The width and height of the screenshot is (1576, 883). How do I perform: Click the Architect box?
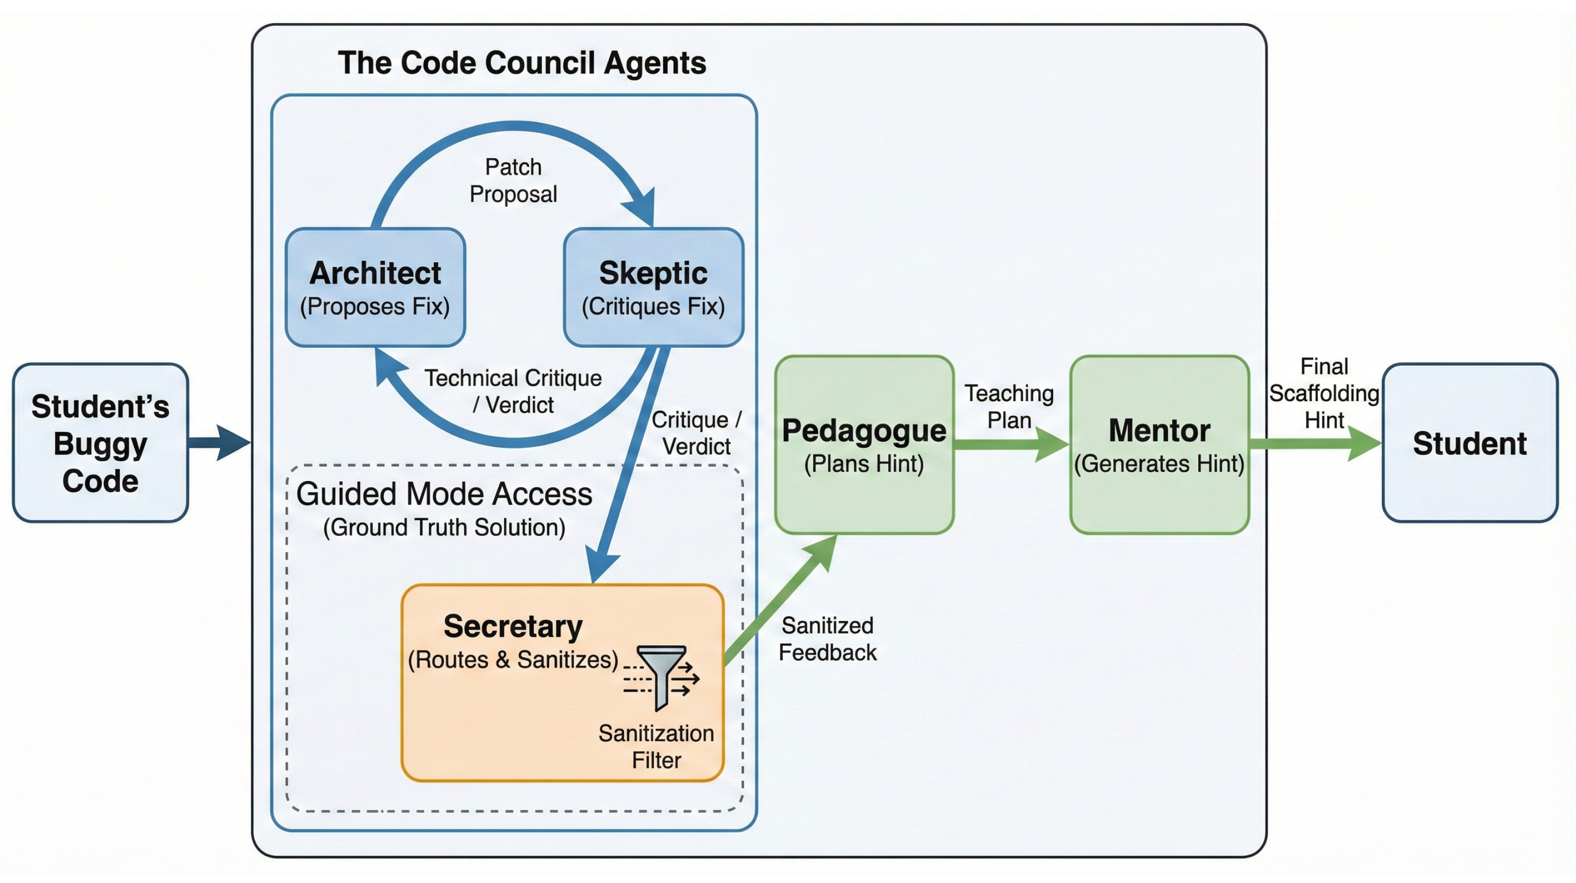(x=375, y=287)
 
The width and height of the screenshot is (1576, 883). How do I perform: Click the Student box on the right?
(x=1470, y=443)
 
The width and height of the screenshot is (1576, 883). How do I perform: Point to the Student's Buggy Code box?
(x=100, y=443)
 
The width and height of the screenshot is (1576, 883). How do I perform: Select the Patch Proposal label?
(x=513, y=181)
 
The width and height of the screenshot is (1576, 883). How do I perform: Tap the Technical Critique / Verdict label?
(x=513, y=391)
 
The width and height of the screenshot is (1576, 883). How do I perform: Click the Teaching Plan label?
(x=1009, y=406)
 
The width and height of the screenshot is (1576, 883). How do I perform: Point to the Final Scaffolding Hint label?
(x=1323, y=393)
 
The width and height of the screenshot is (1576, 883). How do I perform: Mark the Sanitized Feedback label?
(x=827, y=638)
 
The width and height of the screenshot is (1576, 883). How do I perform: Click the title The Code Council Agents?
(x=521, y=63)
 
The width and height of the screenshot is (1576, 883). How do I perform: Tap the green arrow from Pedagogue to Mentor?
(x=1010, y=444)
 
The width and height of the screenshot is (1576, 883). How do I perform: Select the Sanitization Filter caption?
(x=656, y=746)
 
